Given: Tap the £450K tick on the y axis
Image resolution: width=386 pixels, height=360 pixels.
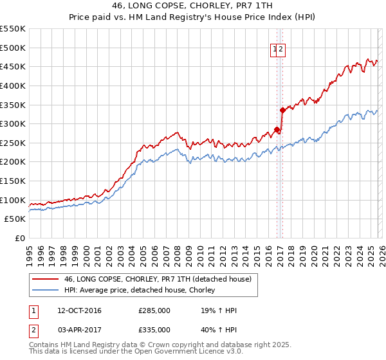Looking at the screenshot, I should point(13,67).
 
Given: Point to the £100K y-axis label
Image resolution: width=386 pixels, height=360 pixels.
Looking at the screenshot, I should point(13,201).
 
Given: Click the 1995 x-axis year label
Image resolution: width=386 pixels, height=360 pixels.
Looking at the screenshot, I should point(30,251).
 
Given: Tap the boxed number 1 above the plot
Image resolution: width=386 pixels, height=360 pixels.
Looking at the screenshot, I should point(275,49).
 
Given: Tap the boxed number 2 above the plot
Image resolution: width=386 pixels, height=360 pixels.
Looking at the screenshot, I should point(281,49).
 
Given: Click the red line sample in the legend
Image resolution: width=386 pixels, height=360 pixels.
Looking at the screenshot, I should point(46,279).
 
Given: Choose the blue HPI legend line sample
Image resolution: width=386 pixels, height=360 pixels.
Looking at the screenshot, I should point(46,290).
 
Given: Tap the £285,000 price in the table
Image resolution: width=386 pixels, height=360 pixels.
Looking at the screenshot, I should point(154,310).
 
